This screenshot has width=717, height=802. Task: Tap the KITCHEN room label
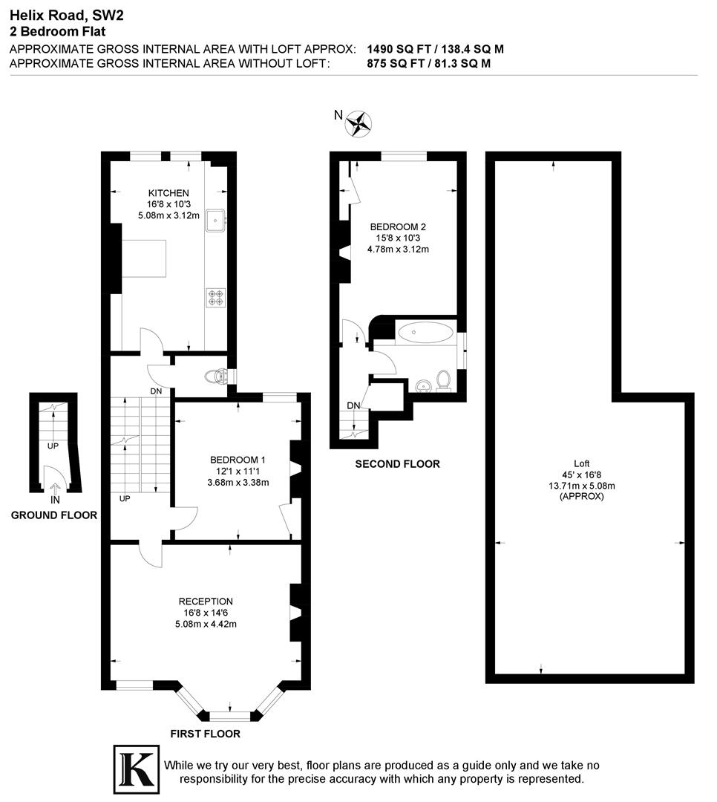click(x=163, y=193)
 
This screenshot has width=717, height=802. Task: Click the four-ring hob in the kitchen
click(x=216, y=297)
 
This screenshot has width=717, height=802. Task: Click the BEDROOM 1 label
click(x=238, y=460)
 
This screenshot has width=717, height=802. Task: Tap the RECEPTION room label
click(x=206, y=601)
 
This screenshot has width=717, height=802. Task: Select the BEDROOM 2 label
click(x=398, y=227)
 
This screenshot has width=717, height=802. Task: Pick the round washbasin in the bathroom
click(x=423, y=385)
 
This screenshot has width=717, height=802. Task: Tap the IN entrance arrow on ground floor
click(x=56, y=488)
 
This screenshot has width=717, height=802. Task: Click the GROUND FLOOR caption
click(x=53, y=515)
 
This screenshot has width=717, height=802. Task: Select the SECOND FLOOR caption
click(x=397, y=464)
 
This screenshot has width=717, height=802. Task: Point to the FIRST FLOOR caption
click(x=206, y=734)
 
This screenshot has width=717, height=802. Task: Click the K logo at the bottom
click(x=136, y=766)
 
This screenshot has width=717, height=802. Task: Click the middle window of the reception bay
click(x=230, y=716)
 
